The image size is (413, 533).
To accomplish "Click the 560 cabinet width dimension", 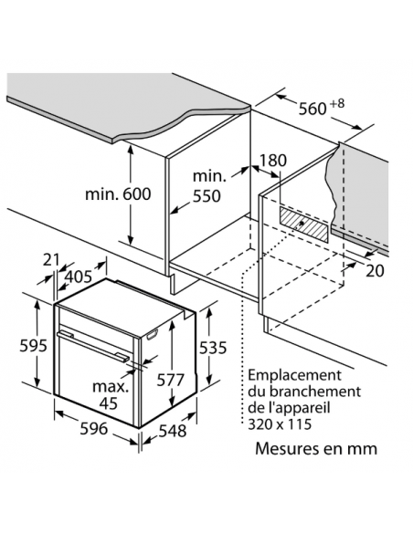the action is click(x=312, y=109).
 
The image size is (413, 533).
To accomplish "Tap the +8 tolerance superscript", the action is click(x=337, y=103).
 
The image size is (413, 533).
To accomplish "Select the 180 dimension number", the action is click(x=273, y=161).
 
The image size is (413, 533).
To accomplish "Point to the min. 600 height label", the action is click(x=118, y=194).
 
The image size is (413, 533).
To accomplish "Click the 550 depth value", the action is click(x=206, y=196).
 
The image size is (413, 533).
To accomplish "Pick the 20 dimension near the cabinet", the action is click(x=375, y=271).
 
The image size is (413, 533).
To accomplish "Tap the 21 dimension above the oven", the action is click(x=51, y=260).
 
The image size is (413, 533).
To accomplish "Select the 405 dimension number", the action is click(x=79, y=277).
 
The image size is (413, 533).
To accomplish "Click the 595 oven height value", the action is click(x=33, y=346).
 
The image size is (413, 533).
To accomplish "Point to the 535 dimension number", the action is click(x=213, y=348).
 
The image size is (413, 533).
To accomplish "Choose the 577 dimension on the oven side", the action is click(x=170, y=380).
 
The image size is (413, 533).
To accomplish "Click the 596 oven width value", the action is click(x=94, y=428).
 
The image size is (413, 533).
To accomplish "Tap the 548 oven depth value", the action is click(x=173, y=431).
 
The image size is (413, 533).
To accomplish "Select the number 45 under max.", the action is click(x=109, y=403).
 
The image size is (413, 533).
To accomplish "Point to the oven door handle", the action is click(x=93, y=346).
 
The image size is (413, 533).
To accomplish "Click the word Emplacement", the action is click(x=294, y=375).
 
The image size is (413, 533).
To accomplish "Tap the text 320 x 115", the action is click(x=280, y=424).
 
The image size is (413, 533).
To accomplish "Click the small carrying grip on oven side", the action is click(x=153, y=334).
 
